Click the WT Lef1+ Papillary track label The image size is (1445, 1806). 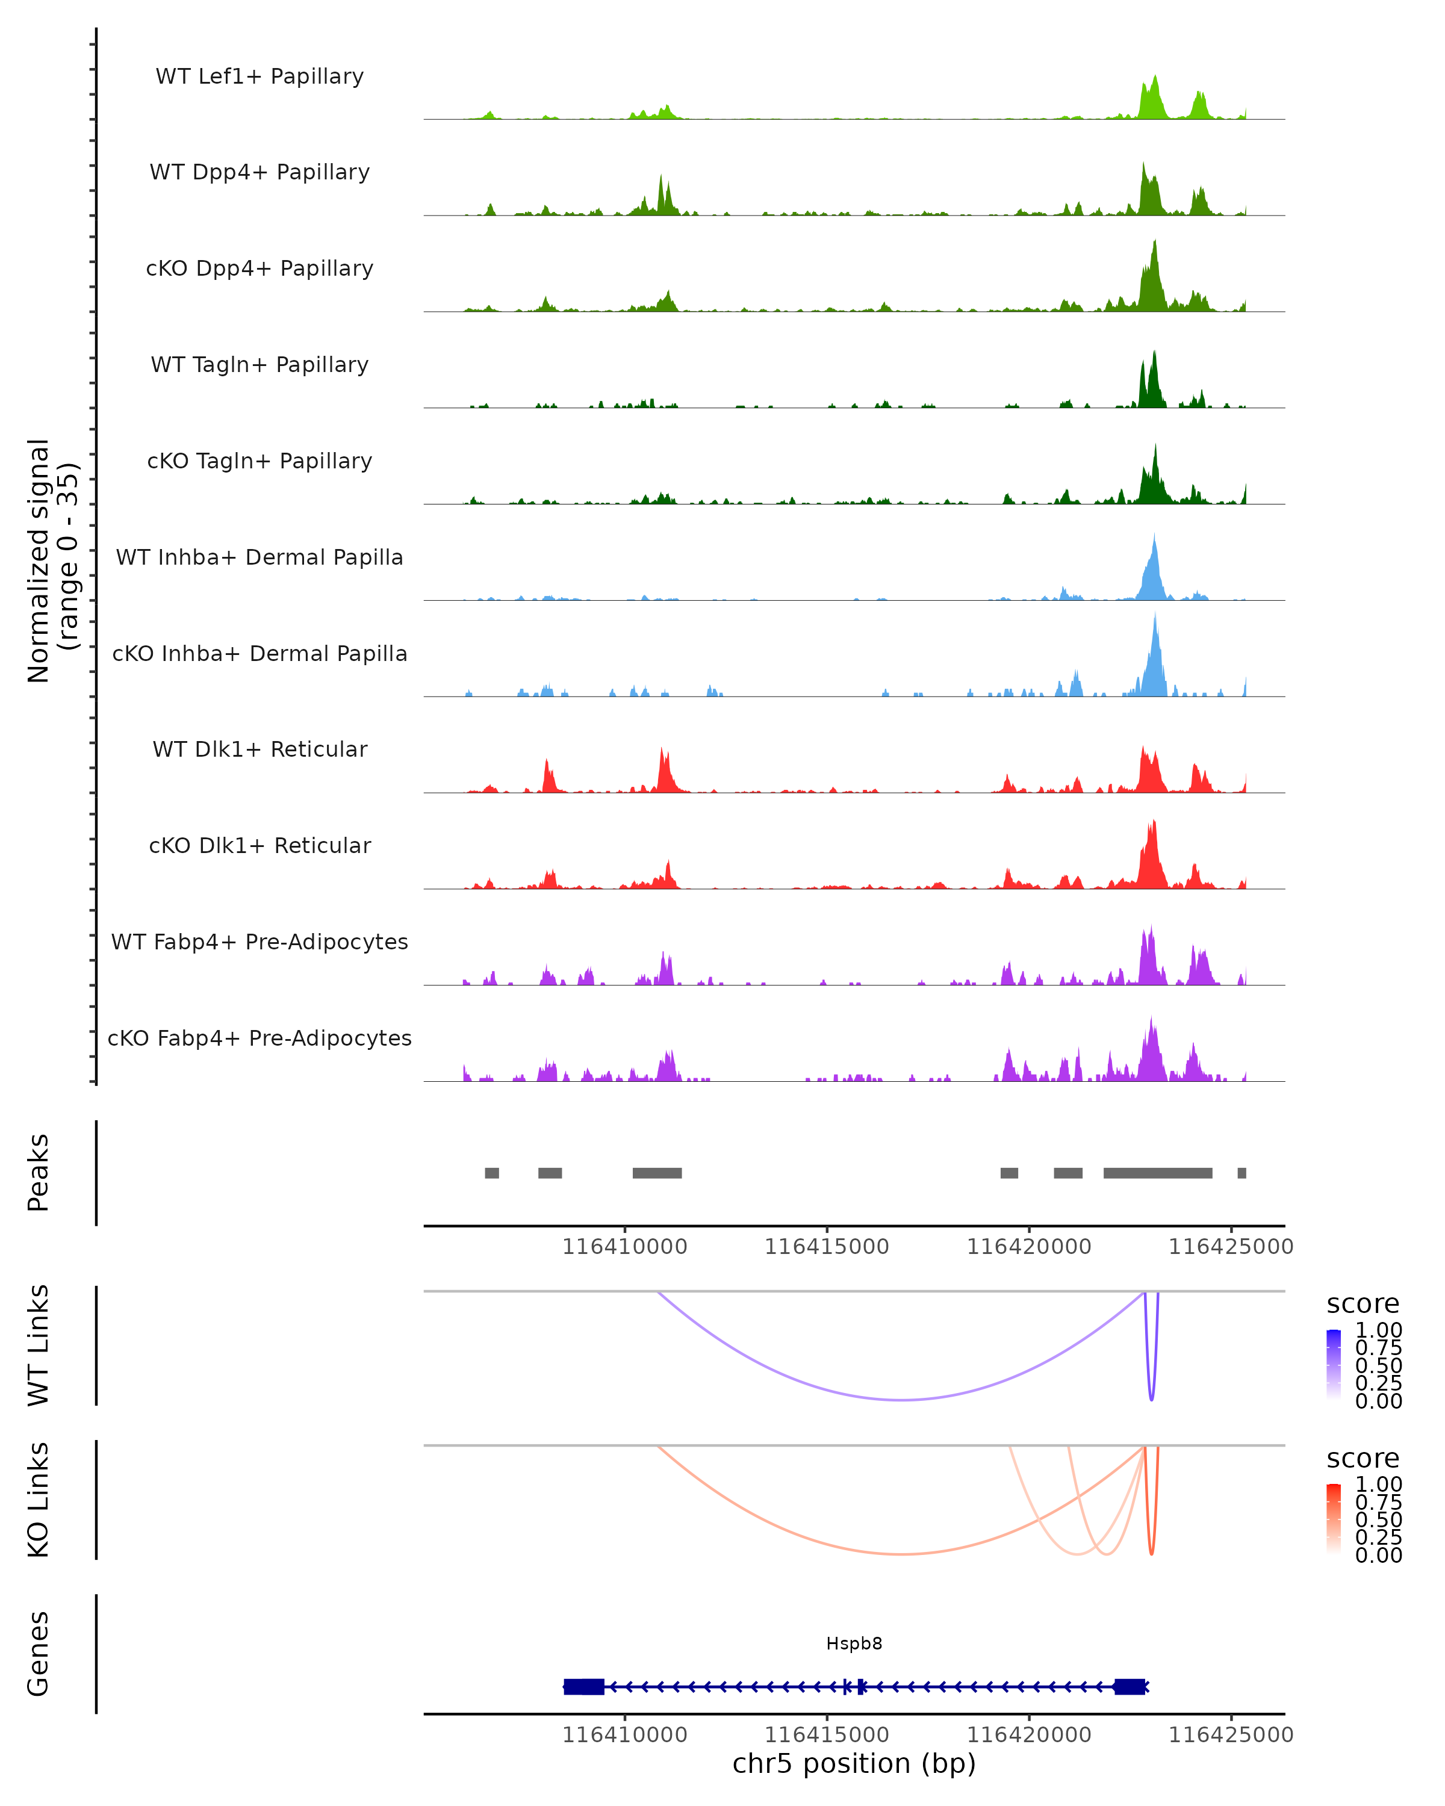(x=259, y=76)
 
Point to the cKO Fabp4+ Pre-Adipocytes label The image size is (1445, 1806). (x=259, y=1038)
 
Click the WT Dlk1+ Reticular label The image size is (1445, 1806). (x=259, y=749)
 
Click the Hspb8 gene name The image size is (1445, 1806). (x=854, y=1643)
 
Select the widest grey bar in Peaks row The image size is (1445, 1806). (x=1158, y=1173)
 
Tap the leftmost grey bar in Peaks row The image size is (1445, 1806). (x=492, y=1173)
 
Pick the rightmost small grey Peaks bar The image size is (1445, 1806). (x=1241, y=1173)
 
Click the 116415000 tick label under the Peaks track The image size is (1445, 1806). (x=827, y=1247)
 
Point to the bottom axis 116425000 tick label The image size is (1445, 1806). (x=1231, y=1735)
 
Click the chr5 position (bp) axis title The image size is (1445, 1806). (x=854, y=1764)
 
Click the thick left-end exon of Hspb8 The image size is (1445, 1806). (x=584, y=1686)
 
